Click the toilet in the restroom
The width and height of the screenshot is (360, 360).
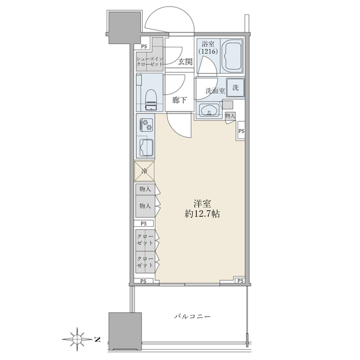pos(151,100)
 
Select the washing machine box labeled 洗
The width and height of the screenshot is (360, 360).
pos(235,87)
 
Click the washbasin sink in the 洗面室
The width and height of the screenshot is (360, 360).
pos(209,110)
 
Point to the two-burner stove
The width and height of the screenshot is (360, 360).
pos(146,125)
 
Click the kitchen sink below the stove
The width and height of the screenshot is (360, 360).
pos(146,148)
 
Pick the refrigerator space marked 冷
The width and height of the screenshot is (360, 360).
pos(145,171)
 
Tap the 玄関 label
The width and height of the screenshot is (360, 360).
pos(185,62)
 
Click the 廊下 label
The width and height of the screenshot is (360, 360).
pos(179,100)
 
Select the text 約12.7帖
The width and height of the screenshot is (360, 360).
pos(202,214)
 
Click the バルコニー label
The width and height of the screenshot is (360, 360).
pos(192,317)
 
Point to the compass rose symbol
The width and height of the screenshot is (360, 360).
pos(77,338)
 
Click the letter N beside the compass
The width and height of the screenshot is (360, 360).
pos(97,339)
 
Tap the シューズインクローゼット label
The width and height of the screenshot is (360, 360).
pos(149,62)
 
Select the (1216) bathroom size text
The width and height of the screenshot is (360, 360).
pos(208,51)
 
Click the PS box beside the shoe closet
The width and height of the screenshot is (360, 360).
pos(144,47)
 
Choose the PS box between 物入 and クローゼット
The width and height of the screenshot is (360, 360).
pos(144,223)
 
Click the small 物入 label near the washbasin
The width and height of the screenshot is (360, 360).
pos(230,116)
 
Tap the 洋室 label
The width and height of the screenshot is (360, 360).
pos(202,203)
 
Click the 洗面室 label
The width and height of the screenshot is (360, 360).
pos(215,91)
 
